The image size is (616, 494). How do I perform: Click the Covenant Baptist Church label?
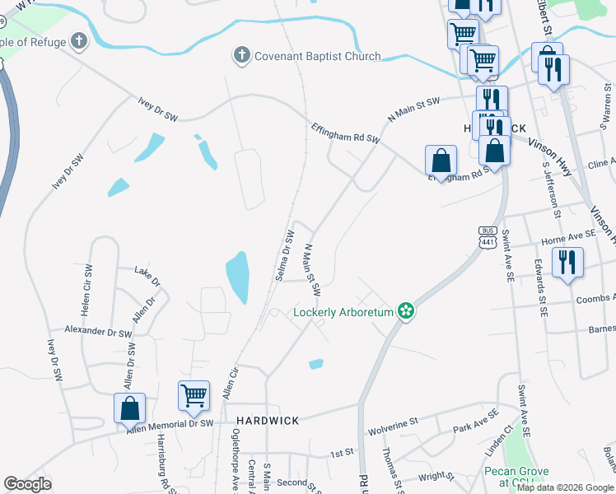(317, 57)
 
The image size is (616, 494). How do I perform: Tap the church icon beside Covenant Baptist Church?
(241, 56)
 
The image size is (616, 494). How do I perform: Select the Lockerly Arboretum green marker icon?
(404, 311)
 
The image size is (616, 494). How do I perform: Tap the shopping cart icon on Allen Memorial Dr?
(194, 396)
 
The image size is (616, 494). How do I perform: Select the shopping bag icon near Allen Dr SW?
(129, 408)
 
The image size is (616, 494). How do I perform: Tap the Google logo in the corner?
(28, 484)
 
